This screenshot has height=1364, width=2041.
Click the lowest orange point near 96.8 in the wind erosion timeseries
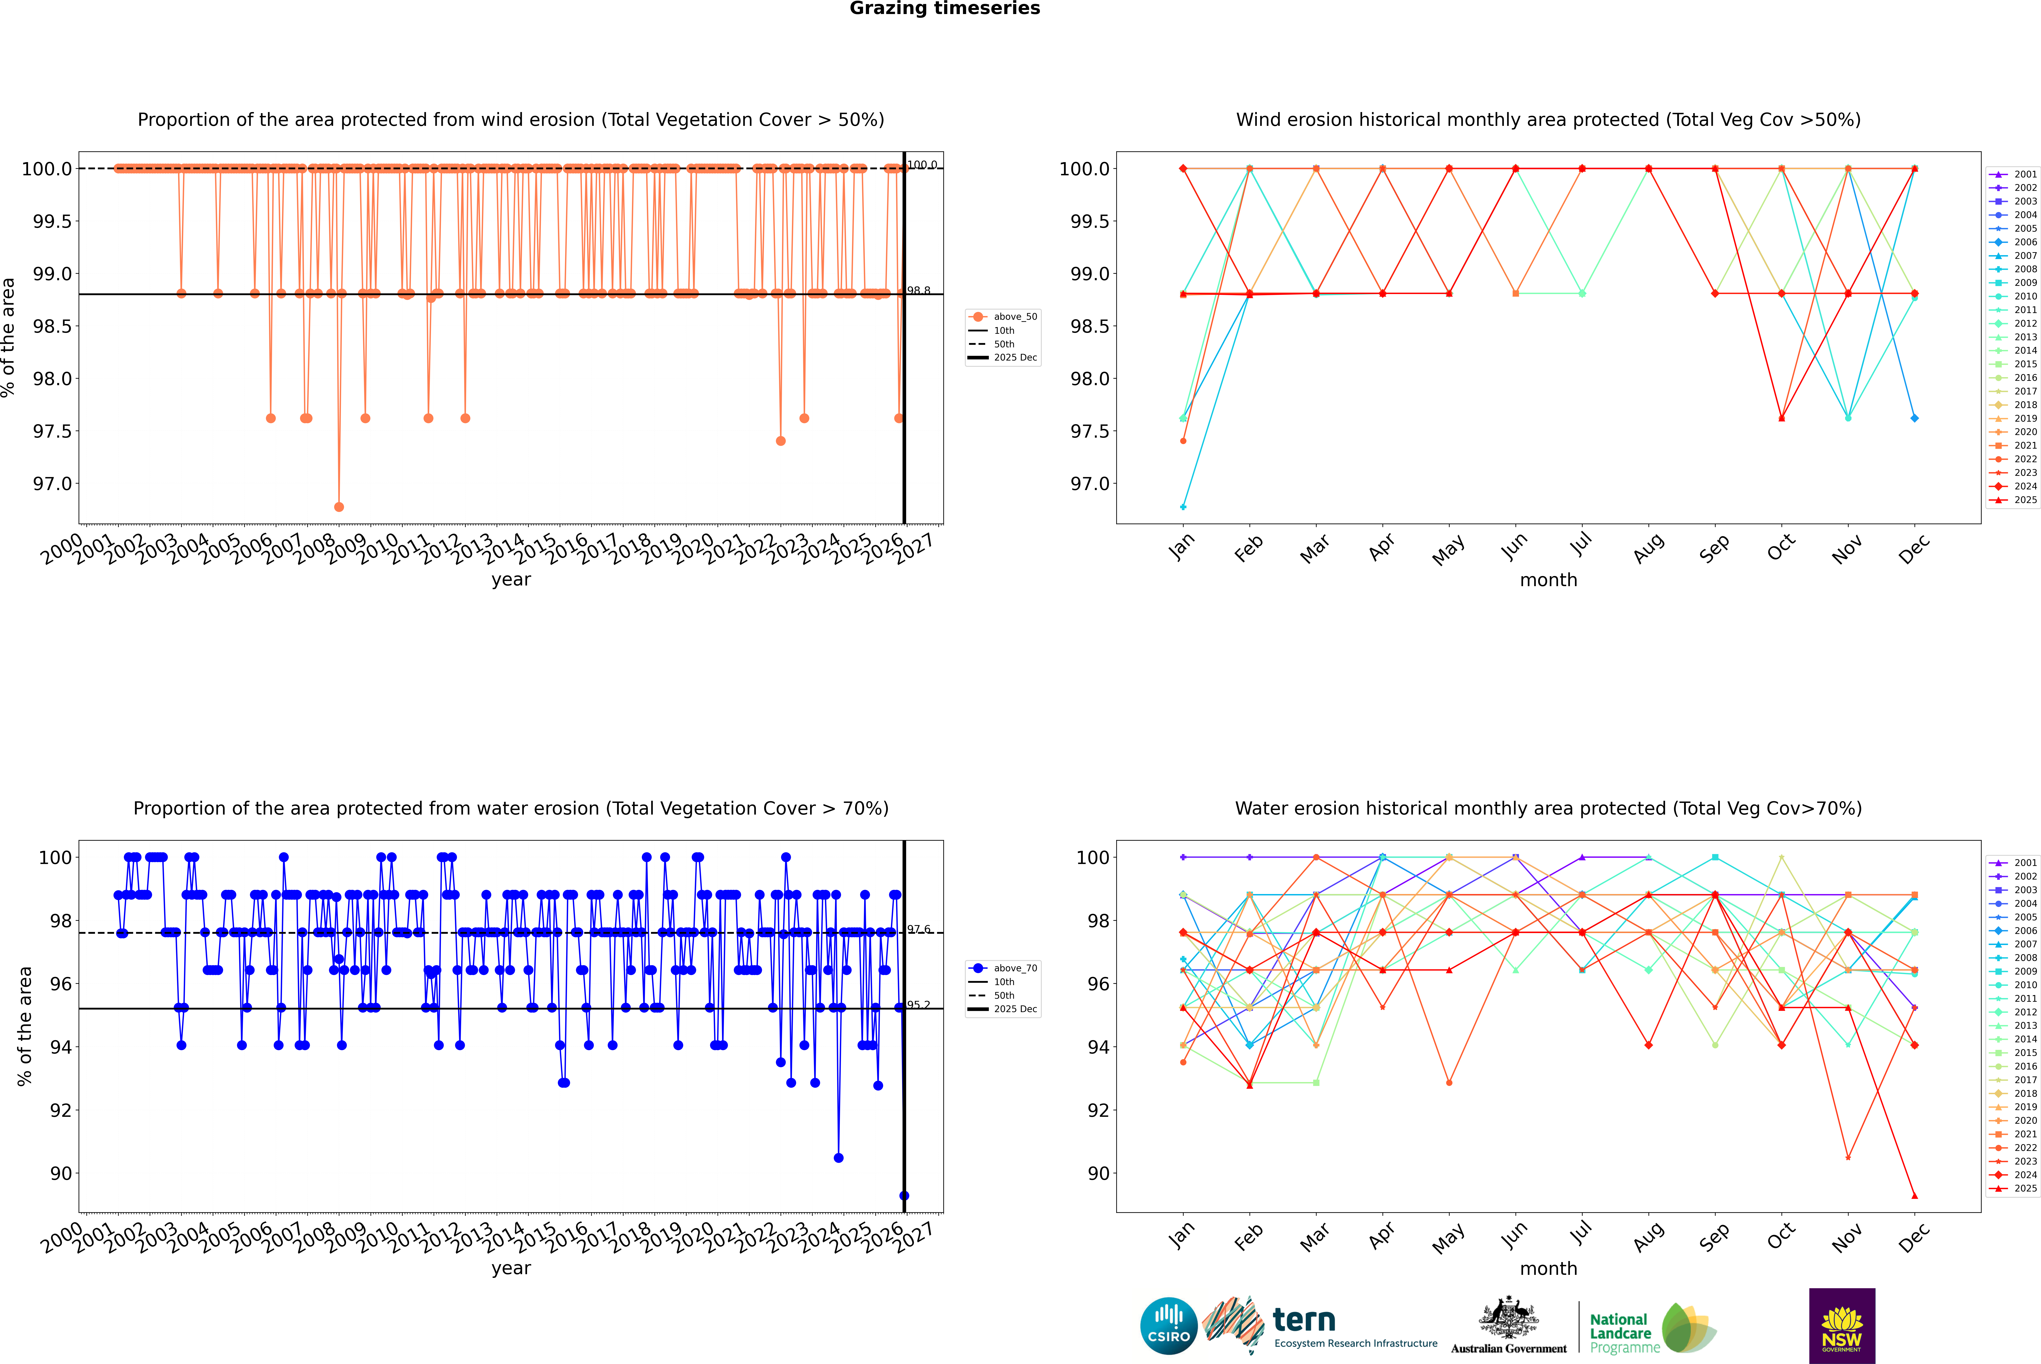click(339, 506)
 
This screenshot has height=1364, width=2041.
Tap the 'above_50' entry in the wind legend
click(1014, 317)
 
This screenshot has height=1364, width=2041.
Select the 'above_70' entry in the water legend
click(1014, 968)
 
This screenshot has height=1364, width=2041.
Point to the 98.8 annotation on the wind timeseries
click(919, 291)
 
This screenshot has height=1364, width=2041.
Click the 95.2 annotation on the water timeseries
click(919, 1005)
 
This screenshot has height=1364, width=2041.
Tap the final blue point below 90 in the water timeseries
click(904, 1195)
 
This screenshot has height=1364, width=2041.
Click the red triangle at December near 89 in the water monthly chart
click(1914, 1195)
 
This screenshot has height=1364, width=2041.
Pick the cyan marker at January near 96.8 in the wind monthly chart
click(1183, 506)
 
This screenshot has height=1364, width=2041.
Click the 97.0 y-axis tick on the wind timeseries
click(52, 484)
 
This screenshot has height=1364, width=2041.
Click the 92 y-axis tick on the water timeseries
click(61, 1110)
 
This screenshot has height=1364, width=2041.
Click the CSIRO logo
click(1169, 1326)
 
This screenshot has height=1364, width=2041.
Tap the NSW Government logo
click(1842, 1326)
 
